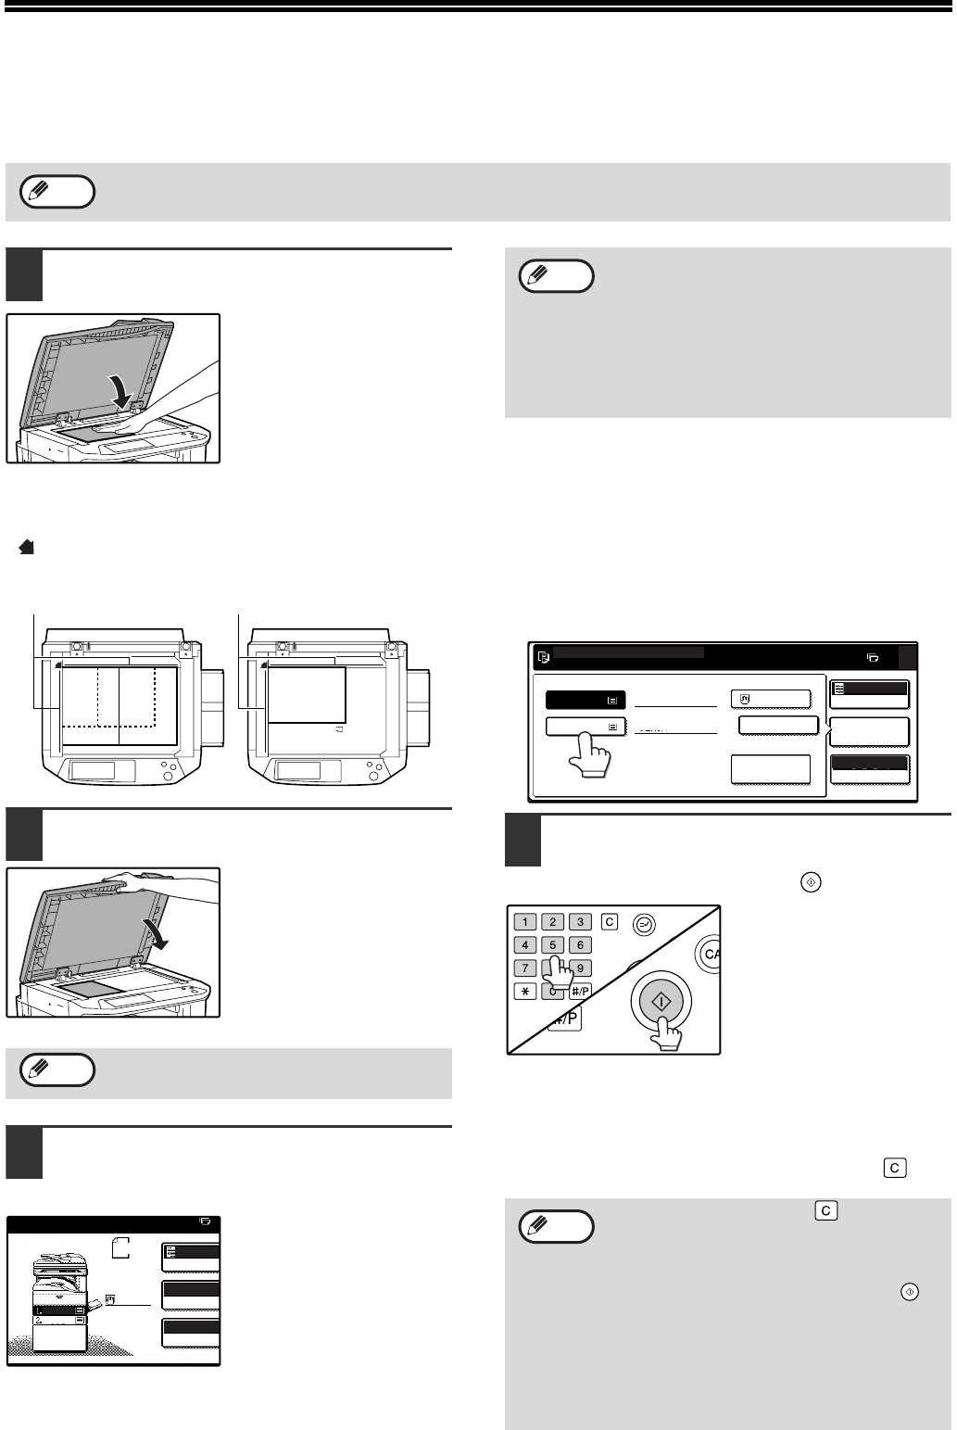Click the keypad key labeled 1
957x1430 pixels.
(x=525, y=922)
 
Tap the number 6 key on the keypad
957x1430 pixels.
(x=580, y=945)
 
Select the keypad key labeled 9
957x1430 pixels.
(x=580, y=968)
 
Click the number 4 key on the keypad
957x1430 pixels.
(x=525, y=945)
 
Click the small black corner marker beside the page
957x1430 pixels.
(x=27, y=548)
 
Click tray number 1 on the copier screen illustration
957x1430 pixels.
(x=39, y=1311)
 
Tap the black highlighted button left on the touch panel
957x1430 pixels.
(x=585, y=700)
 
